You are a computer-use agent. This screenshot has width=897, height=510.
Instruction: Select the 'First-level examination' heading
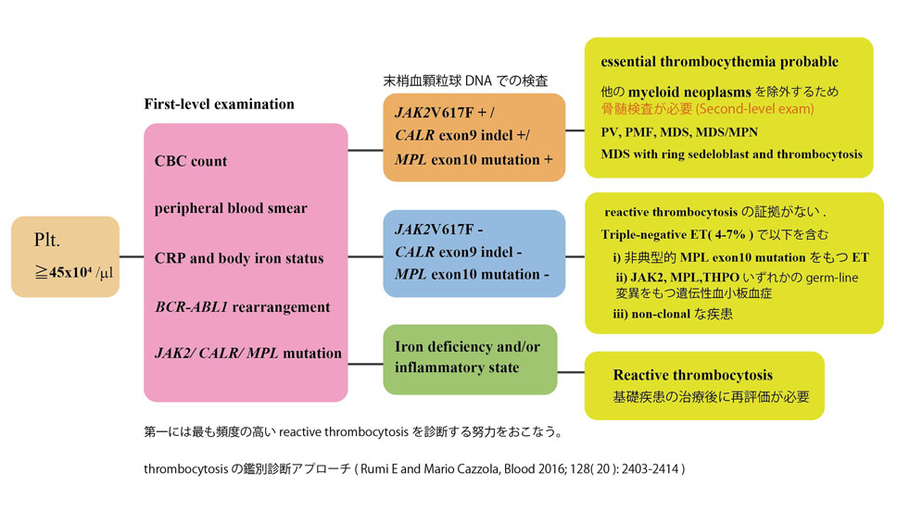click(x=219, y=104)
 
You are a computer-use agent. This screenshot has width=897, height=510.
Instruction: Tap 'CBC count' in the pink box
click(x=191, y=161)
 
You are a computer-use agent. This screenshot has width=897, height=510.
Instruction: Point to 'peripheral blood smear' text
click(x=231, y=208)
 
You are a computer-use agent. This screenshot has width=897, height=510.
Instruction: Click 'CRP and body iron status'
click(x=239, y=257)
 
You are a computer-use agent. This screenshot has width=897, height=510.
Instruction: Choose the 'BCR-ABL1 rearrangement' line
click(x=242, y=305)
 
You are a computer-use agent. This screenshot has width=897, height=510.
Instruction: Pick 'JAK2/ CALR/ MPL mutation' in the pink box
click(x=248, y=353)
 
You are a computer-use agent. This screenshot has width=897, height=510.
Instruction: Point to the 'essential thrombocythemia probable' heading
click(x=719, y=62)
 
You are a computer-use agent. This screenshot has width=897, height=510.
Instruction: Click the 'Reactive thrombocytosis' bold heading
click(x=692, y=375)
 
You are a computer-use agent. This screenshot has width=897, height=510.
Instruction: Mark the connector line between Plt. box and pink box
click(x=132, y=256)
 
